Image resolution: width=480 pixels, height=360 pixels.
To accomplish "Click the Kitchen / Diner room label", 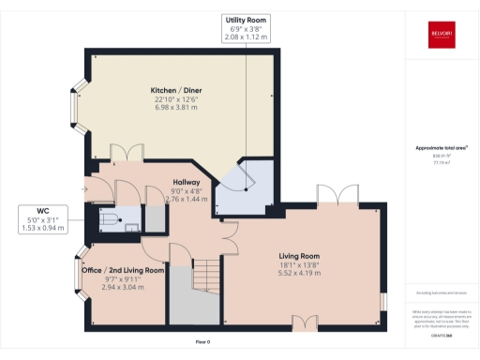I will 177,90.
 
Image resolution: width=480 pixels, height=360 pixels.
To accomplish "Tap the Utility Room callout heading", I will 246,20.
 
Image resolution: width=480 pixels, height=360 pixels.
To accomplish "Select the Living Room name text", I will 300,255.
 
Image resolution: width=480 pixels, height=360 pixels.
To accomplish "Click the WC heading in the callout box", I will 43,211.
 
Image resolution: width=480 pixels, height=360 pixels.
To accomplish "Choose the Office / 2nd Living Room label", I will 123,270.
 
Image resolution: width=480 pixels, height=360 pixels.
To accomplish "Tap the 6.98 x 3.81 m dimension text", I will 177,107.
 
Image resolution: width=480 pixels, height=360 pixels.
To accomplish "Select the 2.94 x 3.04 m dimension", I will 123,287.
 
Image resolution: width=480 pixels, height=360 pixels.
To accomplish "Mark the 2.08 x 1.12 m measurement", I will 246,37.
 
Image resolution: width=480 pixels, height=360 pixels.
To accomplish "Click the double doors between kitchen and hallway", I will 126,152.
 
